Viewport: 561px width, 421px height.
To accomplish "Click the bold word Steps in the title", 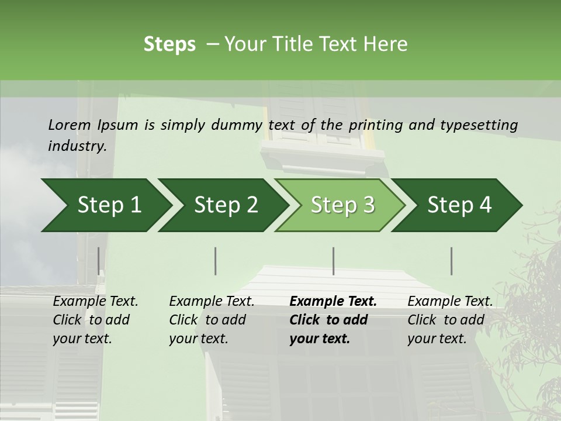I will [169, 44].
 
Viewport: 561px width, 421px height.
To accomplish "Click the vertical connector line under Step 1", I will [98, 261].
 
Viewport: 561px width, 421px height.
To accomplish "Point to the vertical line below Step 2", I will [216, 261].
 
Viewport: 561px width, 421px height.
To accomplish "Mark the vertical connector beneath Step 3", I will [333, 261].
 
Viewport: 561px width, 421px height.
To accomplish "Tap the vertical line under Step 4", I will [451, 261].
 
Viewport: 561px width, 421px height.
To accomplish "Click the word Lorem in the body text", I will [70, 125].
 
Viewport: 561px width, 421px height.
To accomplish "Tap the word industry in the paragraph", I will [77, 146].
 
